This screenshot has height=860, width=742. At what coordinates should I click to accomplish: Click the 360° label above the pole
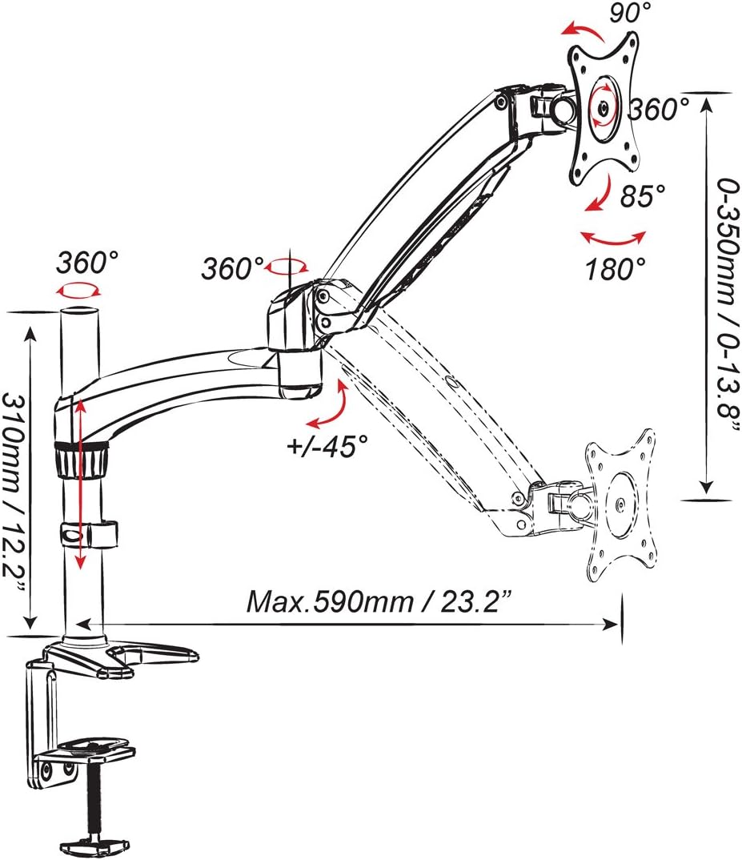(x=87, y=261)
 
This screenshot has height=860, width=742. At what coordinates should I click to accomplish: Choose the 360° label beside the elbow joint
(x=231, y=268)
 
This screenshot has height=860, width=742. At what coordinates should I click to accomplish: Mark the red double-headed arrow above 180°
(x=612, y=237)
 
